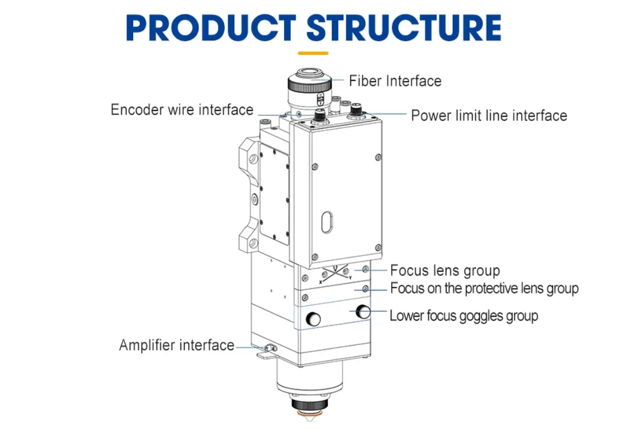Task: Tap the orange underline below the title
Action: click(313, 53)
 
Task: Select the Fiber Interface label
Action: click(395, 81)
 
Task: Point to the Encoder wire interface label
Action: click(182, 110)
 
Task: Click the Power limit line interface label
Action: click(489, 115)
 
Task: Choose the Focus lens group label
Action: click(445, 271)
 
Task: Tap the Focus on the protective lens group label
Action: click(484, 289)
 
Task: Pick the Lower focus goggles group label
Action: click(464, 316)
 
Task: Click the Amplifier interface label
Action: click(176, 345)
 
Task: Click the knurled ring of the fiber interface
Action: click(309, 85)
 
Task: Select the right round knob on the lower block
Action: click(363, 312)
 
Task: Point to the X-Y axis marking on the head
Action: click(335, 274)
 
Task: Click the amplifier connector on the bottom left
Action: click(270, 348)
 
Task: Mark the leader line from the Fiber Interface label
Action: click(338, 81)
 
